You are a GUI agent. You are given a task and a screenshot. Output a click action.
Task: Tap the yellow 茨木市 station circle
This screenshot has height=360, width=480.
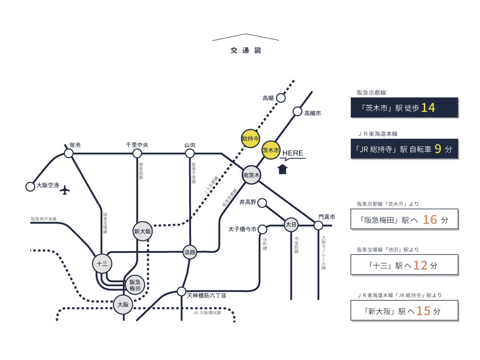click(271, 150)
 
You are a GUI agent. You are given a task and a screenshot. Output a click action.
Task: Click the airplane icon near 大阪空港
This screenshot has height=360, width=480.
click(65, 190)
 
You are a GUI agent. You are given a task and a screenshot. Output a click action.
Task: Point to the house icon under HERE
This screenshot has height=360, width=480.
click(283, 169)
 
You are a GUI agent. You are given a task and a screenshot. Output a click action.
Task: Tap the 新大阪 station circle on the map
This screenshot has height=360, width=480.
click(143, 231)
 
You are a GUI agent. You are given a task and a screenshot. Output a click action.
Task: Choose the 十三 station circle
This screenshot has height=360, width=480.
click(102, 264)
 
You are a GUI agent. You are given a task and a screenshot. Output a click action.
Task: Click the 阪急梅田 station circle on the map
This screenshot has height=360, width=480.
click(135, 286)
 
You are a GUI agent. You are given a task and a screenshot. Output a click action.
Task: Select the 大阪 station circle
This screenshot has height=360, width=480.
click(123, 304)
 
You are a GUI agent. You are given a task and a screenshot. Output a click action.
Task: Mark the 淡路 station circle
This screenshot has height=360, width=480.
click(190, 252)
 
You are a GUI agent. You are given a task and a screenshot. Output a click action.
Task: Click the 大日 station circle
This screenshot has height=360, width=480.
click(291, 224)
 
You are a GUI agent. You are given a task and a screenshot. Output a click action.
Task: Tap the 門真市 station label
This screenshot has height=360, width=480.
click(326, 217)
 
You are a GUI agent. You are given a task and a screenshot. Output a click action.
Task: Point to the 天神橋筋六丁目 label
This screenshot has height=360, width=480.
click(206, 297)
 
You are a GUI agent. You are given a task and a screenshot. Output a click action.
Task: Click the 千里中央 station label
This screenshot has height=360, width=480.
click(137, 144)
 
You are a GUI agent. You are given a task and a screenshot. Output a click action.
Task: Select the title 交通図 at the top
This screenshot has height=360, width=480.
click(245, 50)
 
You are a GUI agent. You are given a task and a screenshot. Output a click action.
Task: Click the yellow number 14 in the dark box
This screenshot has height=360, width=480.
click(428, 108)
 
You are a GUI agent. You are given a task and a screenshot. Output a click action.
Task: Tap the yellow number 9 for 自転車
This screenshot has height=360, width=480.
click(437, 149)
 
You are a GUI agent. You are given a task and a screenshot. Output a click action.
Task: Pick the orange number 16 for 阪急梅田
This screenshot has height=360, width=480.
click(430, 220)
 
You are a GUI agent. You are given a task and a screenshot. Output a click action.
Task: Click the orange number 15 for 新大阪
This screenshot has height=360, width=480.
click(423, 311)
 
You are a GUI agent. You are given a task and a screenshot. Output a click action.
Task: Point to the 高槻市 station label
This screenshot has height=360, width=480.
click(312, 113)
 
